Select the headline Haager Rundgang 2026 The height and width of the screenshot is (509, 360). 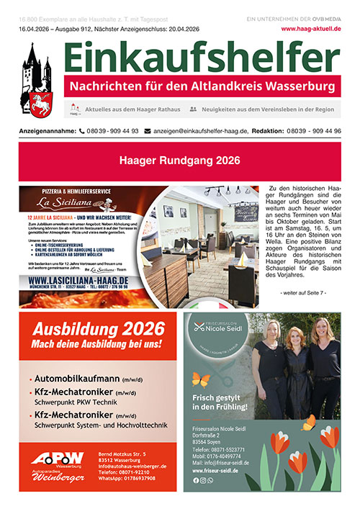tap(179, 161)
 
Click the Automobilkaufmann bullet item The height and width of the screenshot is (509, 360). tap(80, 379)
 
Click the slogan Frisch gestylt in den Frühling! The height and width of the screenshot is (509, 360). tap(221, 402)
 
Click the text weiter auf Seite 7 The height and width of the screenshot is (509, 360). tap(303, 292)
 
